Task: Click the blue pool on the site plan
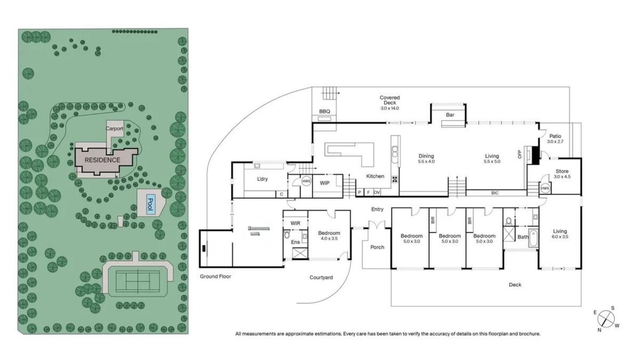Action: (x=151, y=204)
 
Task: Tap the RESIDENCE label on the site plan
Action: (x=102, y=160)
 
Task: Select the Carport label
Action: (x=114, y=128)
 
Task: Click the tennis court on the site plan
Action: (x=138, y=280)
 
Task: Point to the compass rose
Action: (x=606, y=319)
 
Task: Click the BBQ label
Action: (x=325, y=112)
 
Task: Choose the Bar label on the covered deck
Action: (x=450, y=115)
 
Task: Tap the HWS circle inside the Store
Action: (x=545, y=189)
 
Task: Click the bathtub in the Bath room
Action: (x=533, y=238)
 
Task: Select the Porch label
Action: (x=377, y=247)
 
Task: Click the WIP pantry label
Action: (x=325, y=183)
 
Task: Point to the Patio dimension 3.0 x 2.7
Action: (x=555, y=142)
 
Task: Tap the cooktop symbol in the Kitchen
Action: (x=395, y=179)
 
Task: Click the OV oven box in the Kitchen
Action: (x=377, y=193)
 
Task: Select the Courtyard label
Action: (x=321, y=278)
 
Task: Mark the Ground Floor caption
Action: (x=216, y=277)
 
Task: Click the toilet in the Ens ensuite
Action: (x=286, y=235)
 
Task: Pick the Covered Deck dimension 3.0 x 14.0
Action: (x=390, y=108)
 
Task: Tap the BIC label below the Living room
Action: (x=495, y=193)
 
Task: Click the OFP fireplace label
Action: (x=519, y=154)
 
